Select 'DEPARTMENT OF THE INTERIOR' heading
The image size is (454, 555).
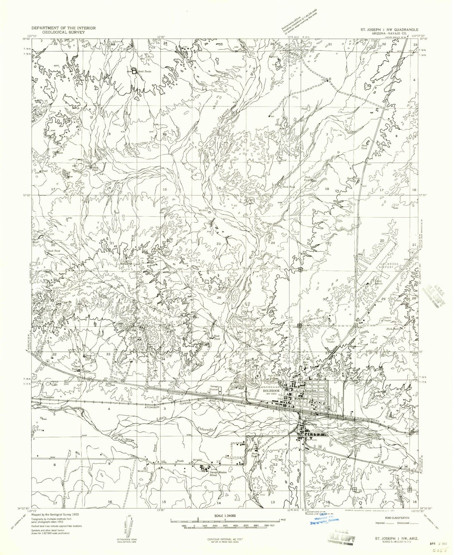(63, 28)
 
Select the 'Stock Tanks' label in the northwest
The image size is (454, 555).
(145, 72)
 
